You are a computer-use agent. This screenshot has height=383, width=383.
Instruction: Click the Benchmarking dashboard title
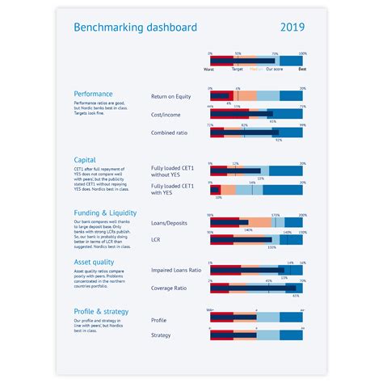coord(135,27)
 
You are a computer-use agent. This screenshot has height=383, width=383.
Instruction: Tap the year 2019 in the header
coord(293,27)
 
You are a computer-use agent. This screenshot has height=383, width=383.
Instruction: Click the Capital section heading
coord(85,160)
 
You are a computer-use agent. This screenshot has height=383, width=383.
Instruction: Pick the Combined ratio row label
coord(171,132)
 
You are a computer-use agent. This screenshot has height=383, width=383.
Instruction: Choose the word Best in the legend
coord(301,71)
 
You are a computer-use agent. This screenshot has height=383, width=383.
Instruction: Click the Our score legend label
coord(276,71)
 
